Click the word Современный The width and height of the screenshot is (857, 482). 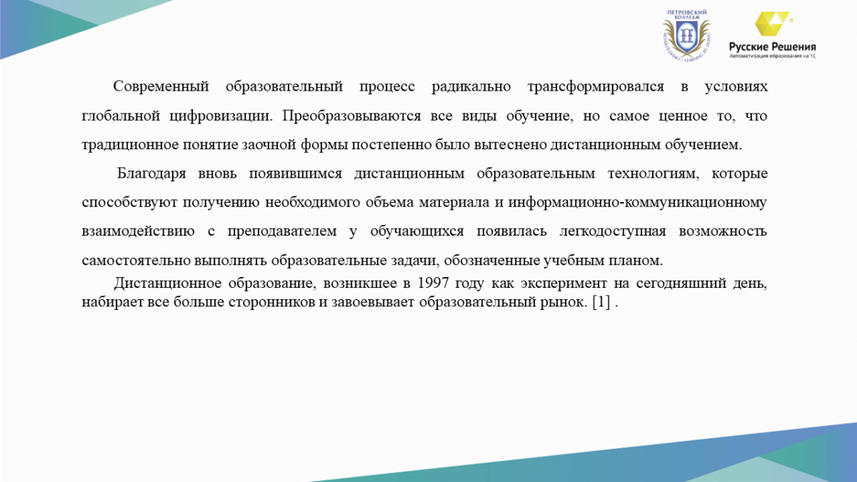[161, 86]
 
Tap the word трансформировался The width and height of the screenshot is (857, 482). [596, 87]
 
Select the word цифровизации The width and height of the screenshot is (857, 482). [221, 116]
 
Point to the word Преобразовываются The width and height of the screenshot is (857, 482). [351, 116]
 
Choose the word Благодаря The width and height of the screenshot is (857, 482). [151, 174]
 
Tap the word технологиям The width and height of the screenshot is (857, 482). [653, 174]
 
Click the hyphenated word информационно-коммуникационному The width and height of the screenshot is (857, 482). [637, 203]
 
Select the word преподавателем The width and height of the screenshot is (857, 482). [282, 232]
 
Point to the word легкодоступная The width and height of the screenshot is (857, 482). [613, 232]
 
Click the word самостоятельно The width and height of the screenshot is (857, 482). [136, 261]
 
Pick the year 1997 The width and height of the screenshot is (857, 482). [433, 283]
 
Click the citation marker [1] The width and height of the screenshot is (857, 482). [601, 302]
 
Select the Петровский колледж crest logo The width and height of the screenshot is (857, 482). [687, 36]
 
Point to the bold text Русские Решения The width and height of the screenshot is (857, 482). [773, 47]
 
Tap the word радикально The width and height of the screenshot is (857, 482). [471, 87]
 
